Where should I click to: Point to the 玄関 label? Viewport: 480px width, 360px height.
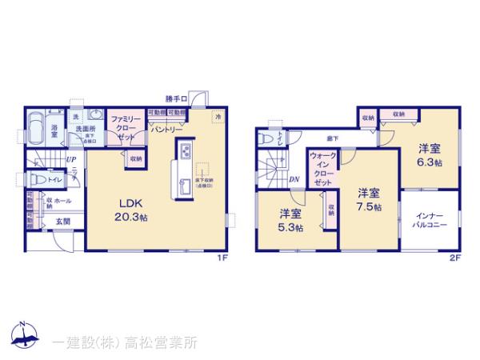(61, 222)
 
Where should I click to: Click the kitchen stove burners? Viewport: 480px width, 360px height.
(183, 150)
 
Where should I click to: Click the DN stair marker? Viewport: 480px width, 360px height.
(294, 179)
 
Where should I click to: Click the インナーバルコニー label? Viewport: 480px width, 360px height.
(430, 220)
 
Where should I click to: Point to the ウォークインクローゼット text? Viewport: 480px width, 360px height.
(322, 170)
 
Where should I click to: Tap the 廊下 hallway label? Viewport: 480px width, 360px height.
(330, 138)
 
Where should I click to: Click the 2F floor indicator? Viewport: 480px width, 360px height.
(455, 258)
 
